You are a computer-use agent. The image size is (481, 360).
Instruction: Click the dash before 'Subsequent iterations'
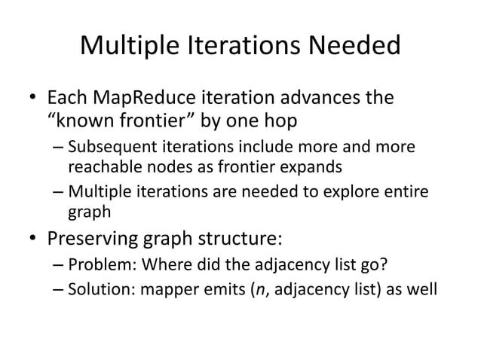click(60, 147)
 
